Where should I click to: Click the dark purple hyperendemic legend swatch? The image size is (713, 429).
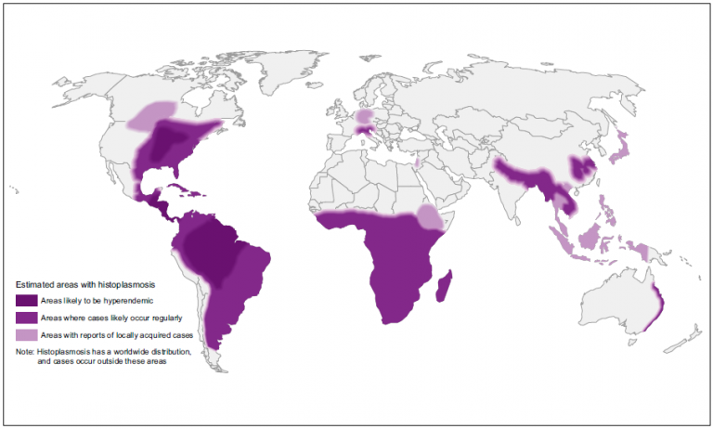point(27,301)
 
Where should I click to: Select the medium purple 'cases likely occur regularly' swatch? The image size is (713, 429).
point(27,317)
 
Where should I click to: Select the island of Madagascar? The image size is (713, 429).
point(443,285)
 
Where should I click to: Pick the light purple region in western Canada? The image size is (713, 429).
point(153,114)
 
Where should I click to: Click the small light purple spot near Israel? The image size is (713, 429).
point(417,163)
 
